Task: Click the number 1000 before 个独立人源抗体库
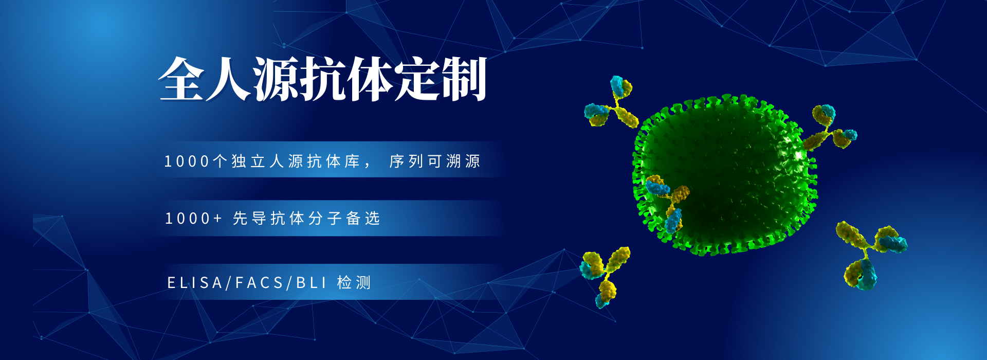pos(187,161)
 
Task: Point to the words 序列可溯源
pos(435,161)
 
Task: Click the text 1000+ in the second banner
pos(193,219)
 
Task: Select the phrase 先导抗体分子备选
pos(306,218)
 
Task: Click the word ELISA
pos(195,282)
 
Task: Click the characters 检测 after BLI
pos(354,282)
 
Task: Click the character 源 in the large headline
pos(276,79)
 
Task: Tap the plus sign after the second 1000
pos(217,219)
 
